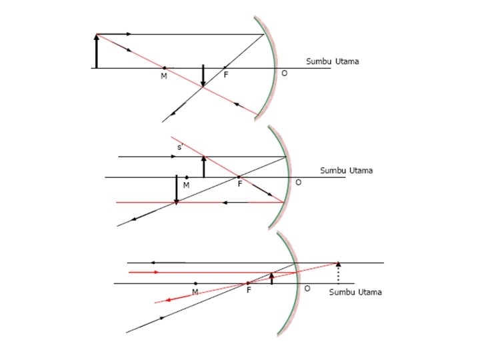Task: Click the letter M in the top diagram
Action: [x=164, y=77]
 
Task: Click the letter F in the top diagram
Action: [x=226, y=75]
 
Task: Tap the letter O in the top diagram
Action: [x=284, y=73]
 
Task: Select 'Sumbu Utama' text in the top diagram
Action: [x=333, y=61]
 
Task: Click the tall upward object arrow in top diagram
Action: [x=97, y=51]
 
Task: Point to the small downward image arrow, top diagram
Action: [x=203, y=77]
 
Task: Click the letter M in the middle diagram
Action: [x=186, y=185]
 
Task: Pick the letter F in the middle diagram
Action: [x=239, y=184]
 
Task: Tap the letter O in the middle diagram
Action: [x=297, y=182]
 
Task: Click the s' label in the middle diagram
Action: [x=178, y=147]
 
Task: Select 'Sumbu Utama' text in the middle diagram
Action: [x=346, y=170]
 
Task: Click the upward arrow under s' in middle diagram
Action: [x=203, y=167]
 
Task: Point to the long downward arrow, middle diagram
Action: [x=176, y=189]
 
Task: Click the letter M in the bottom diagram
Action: [x=195, y=291]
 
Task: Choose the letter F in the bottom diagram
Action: [x=248, y=291]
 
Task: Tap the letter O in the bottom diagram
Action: [x=307, y=289]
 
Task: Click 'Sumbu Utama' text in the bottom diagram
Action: [x=356, y=292]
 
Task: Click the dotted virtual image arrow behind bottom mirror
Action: [x=339, y=273]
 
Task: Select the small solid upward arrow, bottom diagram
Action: [x=272, y=278]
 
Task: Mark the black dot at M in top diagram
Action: [x=165, y=68]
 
